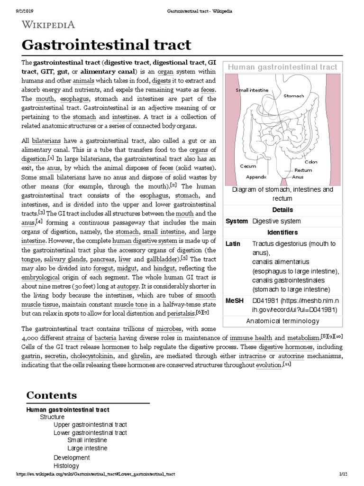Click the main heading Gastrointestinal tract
(107, 45)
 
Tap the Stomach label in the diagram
(293, 95)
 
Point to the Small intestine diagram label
(252, 90)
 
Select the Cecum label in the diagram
(248, 166)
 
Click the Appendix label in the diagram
(256, 177)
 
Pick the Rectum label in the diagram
(303, 169)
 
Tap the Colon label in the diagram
(311, 162)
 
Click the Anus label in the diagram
(298, 177)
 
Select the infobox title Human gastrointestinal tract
(283, 67)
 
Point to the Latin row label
(233, 243)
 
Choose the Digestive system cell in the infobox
(276, 221)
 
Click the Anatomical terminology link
(282, 321)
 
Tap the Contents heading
(51, 395)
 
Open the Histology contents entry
(66, 466)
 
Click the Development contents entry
(72, 458)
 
